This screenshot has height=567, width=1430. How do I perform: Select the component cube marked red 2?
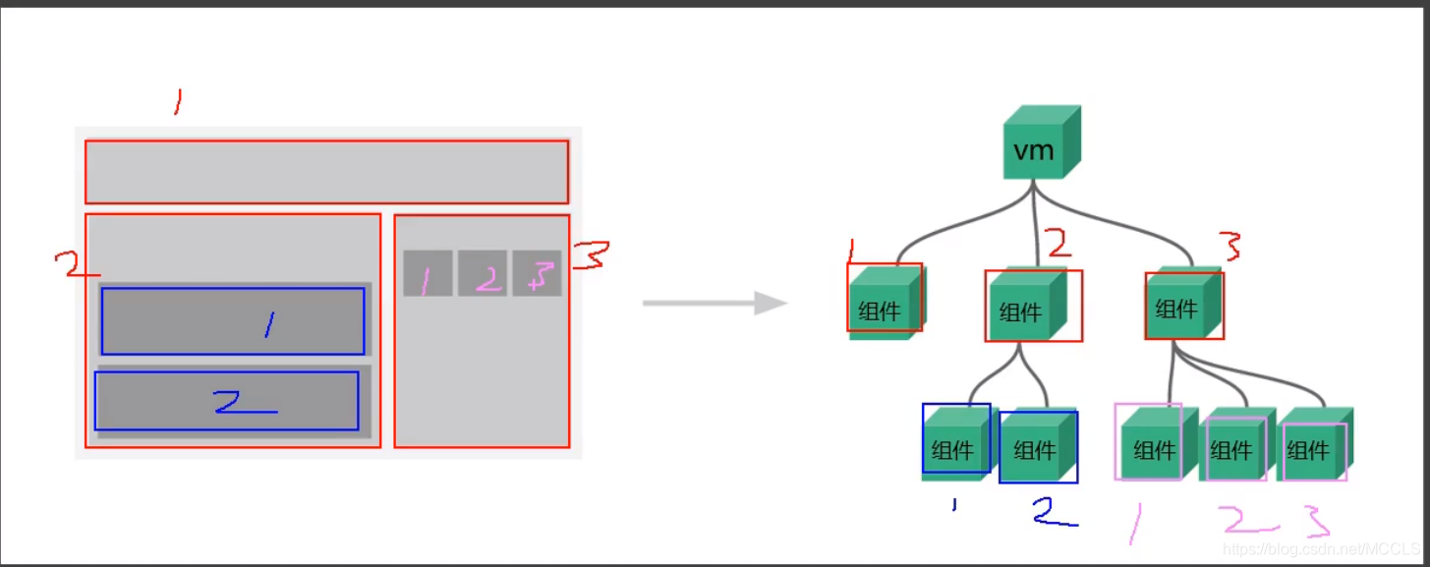click(x=1028, y=306)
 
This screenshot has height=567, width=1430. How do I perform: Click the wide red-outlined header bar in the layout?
click(x=326, y=172)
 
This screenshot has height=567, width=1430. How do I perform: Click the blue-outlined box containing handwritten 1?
click(x=233, y=321)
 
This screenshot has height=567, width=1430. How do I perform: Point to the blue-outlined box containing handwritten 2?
click(x=226, y=401)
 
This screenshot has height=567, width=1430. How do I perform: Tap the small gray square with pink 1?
click(x=428, y=273)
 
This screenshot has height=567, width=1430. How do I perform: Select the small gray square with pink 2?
click(x=483, y=273)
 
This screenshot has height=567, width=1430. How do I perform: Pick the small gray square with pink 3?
click(x=537, y=273)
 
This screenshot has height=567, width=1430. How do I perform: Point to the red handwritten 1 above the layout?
click(x=177, y=101)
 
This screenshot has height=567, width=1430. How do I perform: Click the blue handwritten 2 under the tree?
click(x=1053, y=512)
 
